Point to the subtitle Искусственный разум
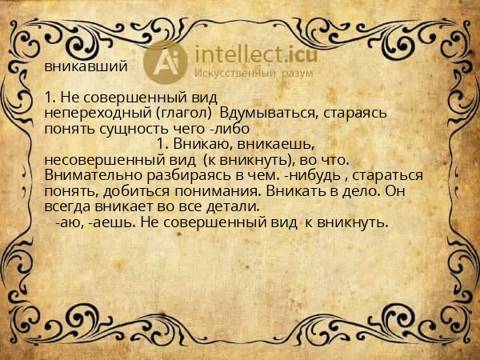[x=255, y=74]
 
